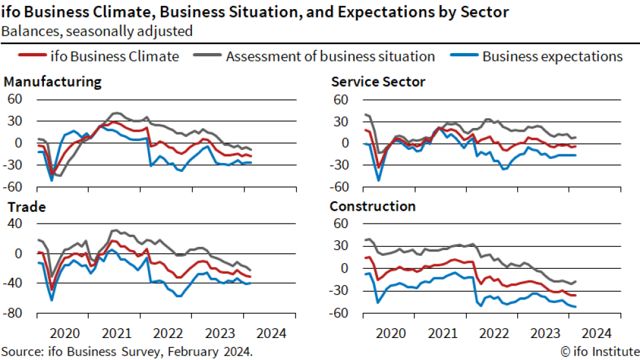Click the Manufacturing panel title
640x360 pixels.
point(52,81)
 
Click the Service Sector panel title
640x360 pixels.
point(378,81)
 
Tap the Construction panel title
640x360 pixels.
point(372,206)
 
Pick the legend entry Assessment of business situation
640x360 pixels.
point(330,56)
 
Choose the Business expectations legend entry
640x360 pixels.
point(552,56)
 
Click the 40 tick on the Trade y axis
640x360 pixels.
point(16,223)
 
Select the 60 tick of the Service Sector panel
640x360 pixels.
point(341,100)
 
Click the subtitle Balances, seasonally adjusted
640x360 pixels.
point(97,30)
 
